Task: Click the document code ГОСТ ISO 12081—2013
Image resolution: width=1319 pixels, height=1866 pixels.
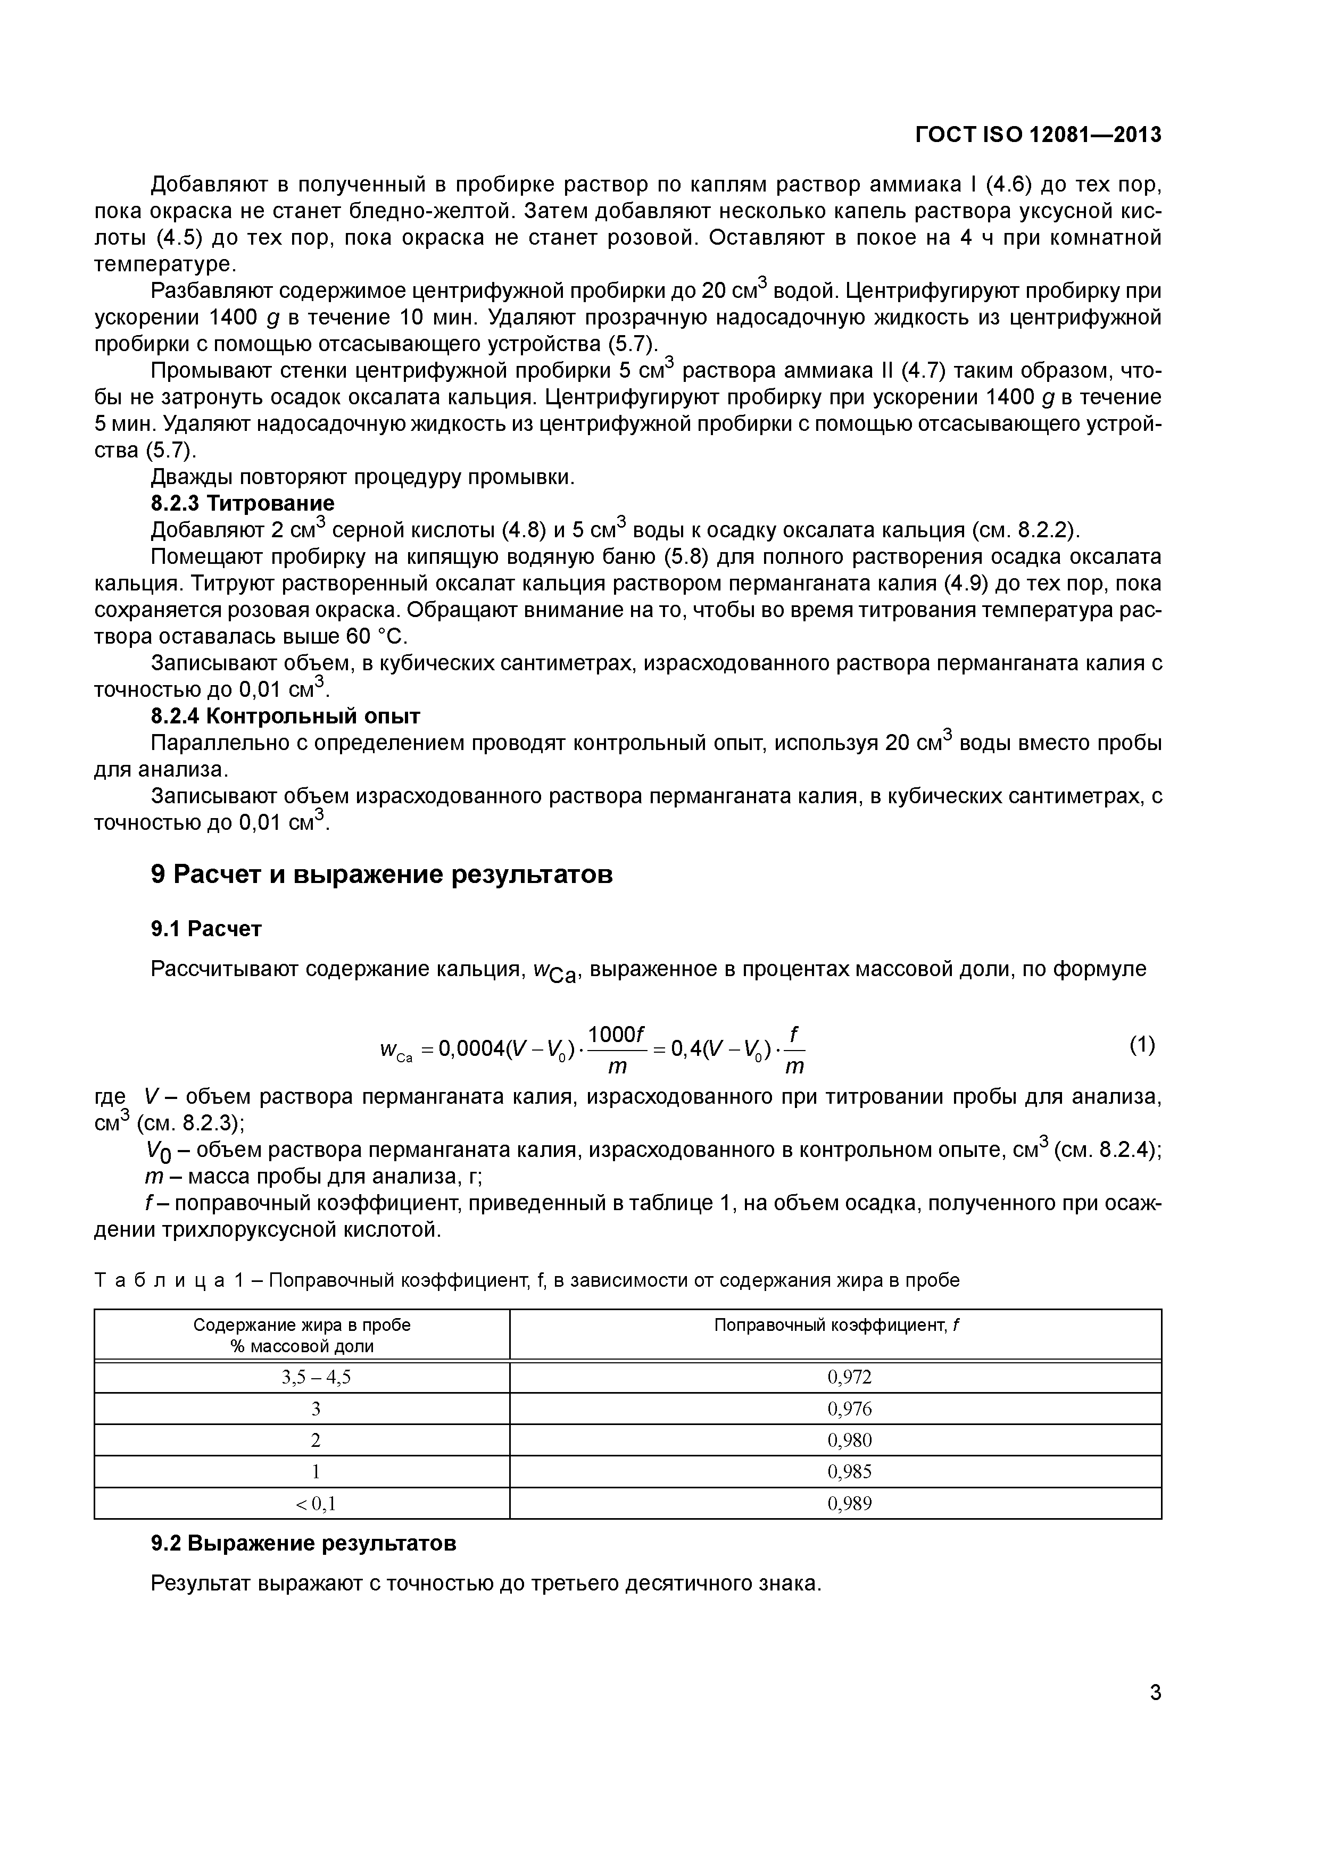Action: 1038,135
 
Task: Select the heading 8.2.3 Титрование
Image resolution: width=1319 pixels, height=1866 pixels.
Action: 242,503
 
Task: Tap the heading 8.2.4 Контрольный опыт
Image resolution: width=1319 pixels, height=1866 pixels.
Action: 285,716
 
